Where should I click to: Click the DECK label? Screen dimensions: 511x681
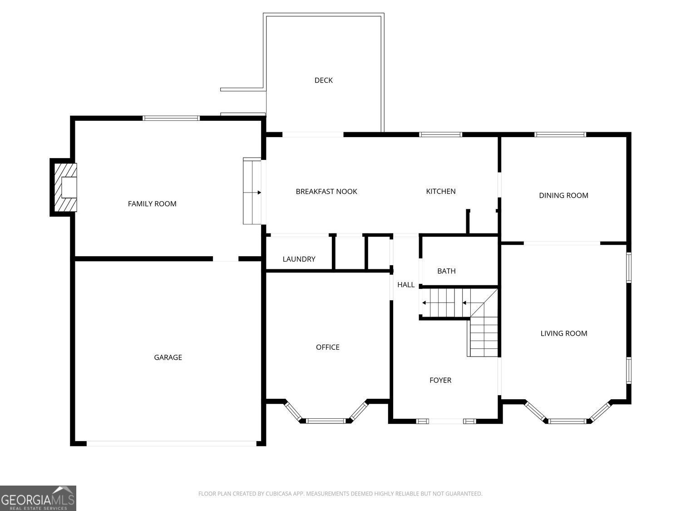click(x=323, y=80)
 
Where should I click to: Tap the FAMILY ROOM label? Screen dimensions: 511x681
click(x=152, y=204)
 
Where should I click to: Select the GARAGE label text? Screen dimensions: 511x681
click(x=168, y=357)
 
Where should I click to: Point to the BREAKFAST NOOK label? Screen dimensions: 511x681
click(x=326, y=192)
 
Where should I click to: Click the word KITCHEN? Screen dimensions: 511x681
click(x=440, y=192)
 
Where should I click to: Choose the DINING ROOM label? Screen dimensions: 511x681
click(x=563, y=196)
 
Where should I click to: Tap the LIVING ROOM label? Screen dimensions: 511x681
click(x=563, y=333)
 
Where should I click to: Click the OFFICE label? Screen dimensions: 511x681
click(x=327, y=347)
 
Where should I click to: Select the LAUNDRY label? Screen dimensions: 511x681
click(x=299, y=259)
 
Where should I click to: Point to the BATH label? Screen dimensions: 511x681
click(x=446, y=271)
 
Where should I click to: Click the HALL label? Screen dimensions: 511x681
click(x=405, y=285)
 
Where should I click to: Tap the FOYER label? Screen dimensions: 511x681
click(x=440, y=380)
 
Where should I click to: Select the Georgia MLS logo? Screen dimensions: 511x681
click(x=38, y=498)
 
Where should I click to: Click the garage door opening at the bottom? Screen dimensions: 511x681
click(x=171, y=443)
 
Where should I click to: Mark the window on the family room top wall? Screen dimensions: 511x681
click(x=171, y=118)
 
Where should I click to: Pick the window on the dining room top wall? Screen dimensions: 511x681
click(x=560, y=134)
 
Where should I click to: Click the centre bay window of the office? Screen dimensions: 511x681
click(x=326, y=421)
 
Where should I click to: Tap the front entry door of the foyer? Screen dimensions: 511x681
click(x=446, y=421)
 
